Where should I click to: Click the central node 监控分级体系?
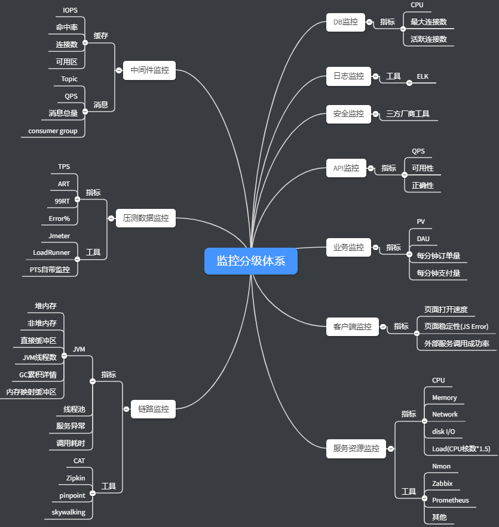[251, 261]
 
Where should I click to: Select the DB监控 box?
[345, 22]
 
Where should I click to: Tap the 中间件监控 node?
[149, 70]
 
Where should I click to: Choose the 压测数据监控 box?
[146, 218]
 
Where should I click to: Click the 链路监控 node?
[153, 409]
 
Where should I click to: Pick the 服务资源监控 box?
[356, 449]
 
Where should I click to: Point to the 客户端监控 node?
[353, 326]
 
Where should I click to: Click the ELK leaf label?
[423, 76]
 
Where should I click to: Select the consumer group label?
[53, 131]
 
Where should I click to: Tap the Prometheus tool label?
[451, 500]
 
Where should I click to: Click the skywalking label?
[69, 512]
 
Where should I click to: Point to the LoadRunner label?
[51, 252]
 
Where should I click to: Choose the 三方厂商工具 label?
[408, 114]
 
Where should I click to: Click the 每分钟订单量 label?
[439, 256]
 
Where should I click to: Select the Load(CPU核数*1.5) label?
[461, 449]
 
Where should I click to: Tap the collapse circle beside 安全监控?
[375, 114]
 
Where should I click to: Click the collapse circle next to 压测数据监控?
[111, 218]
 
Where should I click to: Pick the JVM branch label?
[79, 349]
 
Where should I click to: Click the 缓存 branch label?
[100, 36]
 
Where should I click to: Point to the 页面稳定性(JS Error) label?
[456, 326]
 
